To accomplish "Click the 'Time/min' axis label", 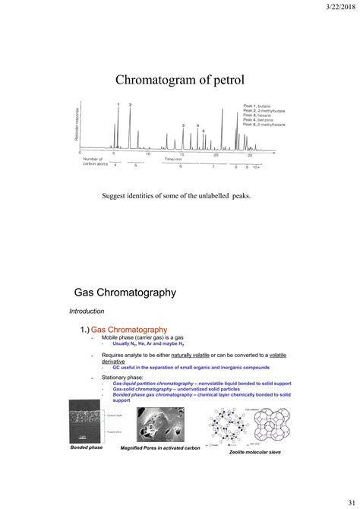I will (174, 160).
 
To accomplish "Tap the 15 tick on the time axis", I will (182, 154).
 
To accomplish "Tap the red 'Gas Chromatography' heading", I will (129, 329).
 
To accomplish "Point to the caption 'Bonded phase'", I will (87, 448).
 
